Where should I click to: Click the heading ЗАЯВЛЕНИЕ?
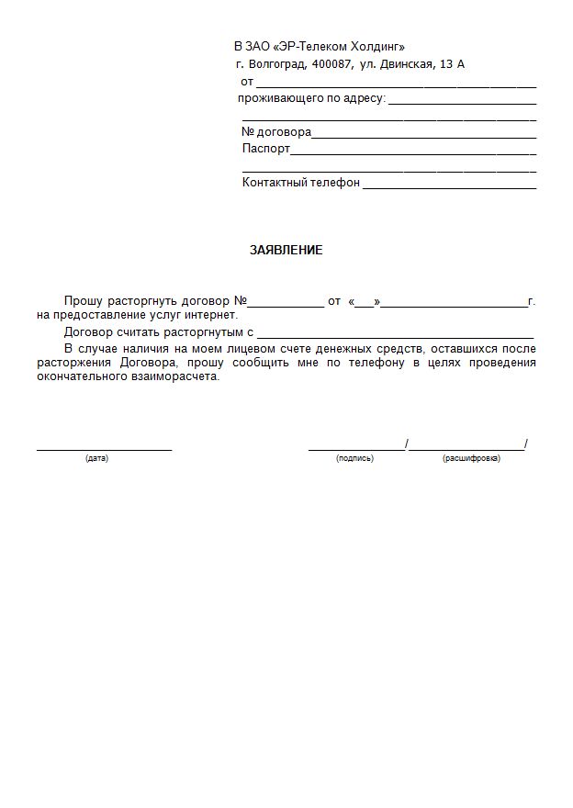(x=286, y=250)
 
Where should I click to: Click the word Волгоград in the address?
(x=278, y=64)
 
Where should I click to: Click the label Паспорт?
(x=266, y=149)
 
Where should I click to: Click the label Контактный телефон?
(x=300, y=183)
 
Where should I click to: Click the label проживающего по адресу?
(x=311, y=98)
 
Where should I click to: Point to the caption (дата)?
(x=96, y=458)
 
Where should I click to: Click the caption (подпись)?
(x=354, y=458)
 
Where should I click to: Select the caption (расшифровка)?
(x=471, y=458)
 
